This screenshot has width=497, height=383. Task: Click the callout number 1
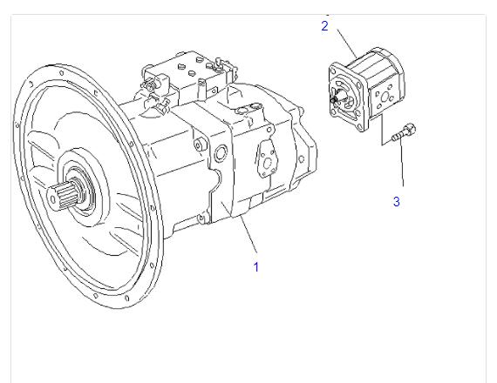256,267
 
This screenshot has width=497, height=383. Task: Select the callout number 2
324,26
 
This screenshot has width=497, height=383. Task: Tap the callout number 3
397,202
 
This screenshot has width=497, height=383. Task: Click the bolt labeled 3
404,132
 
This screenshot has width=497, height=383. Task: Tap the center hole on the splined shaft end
52,198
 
